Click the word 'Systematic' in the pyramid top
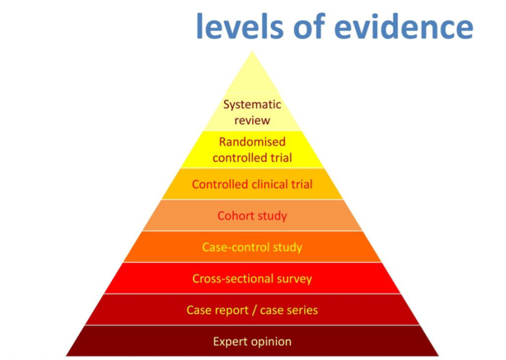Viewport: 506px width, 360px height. click(x=252, y=105)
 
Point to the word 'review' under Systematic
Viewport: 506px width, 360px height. click(x=252, y=120)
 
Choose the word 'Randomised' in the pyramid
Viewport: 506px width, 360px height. click(x=252, y=141)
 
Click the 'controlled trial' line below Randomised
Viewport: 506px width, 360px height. click(x=252, y=158)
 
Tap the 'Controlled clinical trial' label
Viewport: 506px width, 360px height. click(x=252, y=184)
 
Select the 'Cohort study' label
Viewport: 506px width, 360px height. click(x=252, y=216)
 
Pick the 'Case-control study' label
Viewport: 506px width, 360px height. click(x=252, y=247)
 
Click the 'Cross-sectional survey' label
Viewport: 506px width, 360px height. click(x=252, y=279)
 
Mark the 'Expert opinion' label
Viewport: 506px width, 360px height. click(x=252, y=342)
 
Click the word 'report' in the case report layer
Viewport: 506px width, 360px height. click(x=231, y=310)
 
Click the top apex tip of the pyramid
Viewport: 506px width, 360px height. click(x=252, y=52)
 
